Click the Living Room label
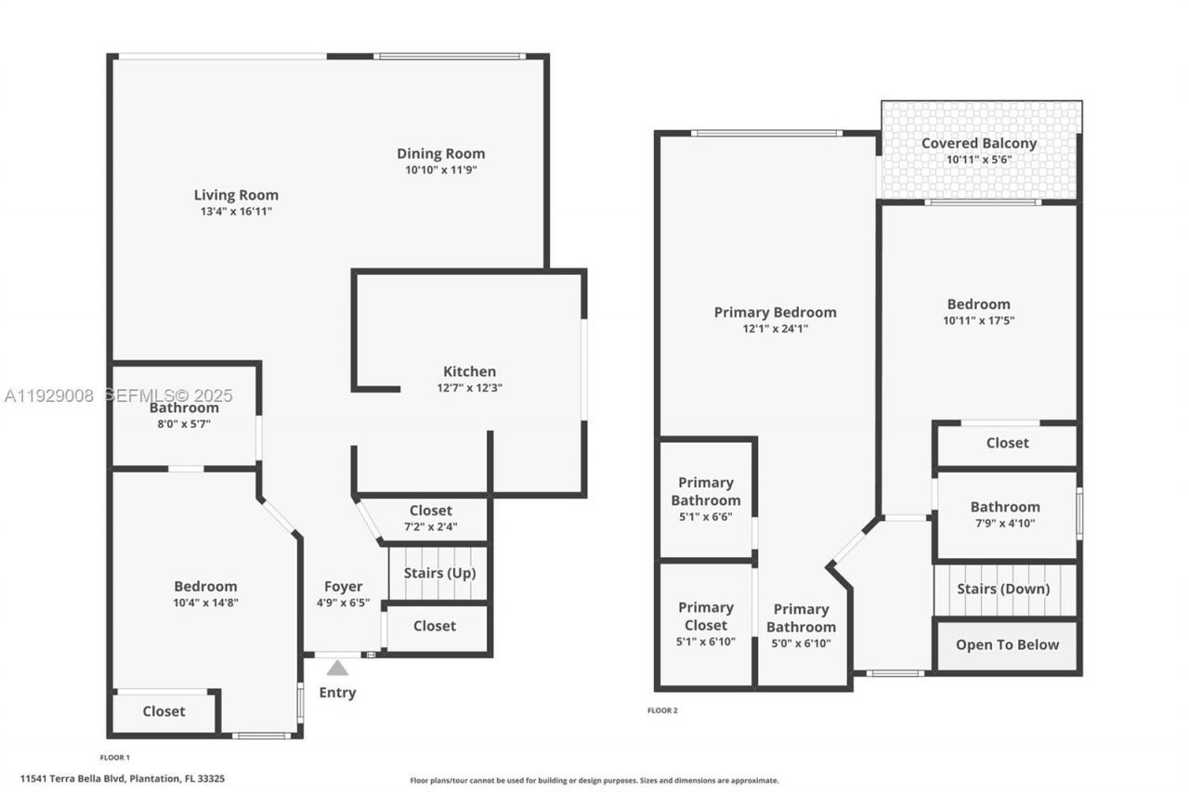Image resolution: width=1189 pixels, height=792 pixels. pos(236,195)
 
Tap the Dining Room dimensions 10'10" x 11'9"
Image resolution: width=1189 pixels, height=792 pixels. pos(440,170)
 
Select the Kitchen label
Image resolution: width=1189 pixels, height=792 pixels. pos(469,371)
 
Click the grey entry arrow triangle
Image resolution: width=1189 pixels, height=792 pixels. pos(337,668)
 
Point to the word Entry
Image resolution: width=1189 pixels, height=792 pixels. pos(337,693)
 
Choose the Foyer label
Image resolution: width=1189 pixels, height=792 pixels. pos(343,587)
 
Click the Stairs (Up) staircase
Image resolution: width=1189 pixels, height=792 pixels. pos(439,573)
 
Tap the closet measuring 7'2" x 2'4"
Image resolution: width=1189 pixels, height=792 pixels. pos(431,518)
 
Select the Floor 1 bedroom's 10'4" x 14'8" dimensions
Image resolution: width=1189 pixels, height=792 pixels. pos(205,602)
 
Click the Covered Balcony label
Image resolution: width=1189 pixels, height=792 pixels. pos(979,143)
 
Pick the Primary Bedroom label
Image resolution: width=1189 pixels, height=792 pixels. pos(775,312)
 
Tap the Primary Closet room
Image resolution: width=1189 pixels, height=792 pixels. pos(706,624)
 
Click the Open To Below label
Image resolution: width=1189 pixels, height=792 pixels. pos(1007,644)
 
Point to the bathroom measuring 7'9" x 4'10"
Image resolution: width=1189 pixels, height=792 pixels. pos(1005,514)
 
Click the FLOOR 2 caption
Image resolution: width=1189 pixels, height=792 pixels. pos(662,710)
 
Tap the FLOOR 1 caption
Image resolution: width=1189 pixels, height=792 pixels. pos(115,758)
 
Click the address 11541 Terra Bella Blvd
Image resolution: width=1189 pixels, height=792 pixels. pos(163,778)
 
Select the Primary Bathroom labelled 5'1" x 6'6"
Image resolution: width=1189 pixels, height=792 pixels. pos(706,500)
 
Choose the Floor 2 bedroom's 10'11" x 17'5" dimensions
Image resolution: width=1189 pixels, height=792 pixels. pos(978,320)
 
